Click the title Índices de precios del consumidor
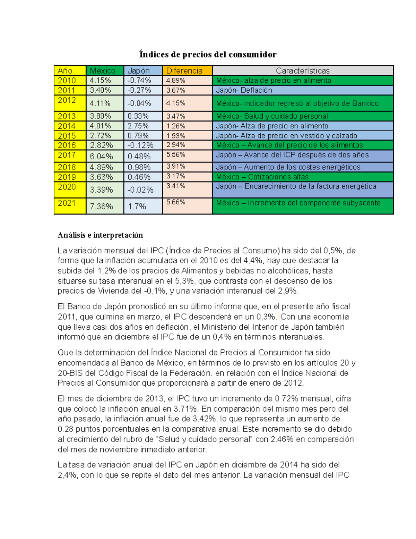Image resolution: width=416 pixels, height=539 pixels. pos(208,54)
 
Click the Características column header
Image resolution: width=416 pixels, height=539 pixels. pos(303,71)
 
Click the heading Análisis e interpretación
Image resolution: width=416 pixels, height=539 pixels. pos(100,235)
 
